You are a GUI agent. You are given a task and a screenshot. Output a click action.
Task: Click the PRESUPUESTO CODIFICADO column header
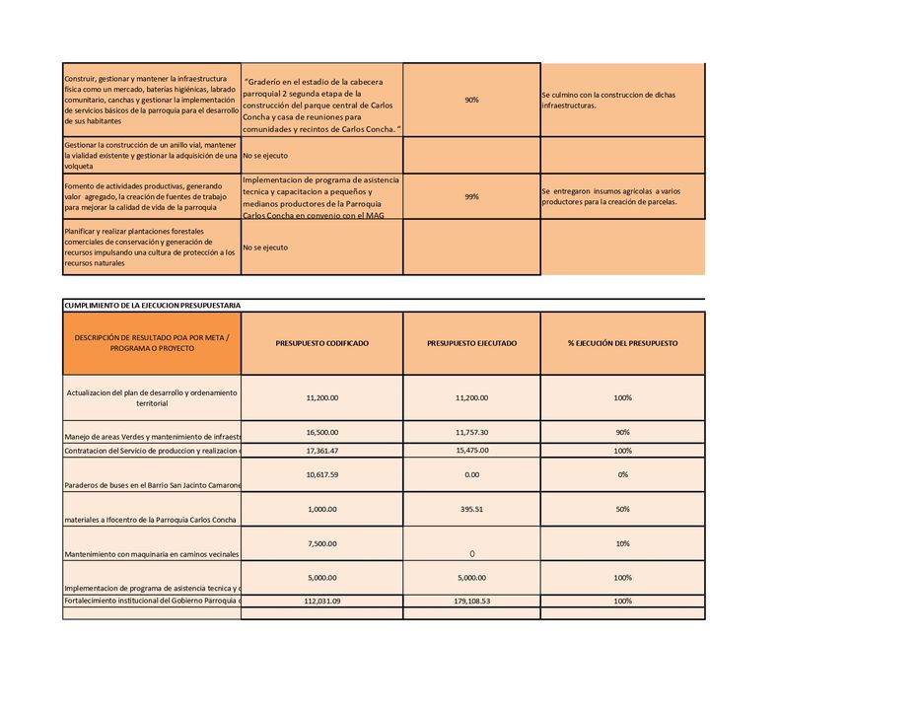(321, 343)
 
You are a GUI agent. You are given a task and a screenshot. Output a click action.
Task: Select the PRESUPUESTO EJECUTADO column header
(471, 343)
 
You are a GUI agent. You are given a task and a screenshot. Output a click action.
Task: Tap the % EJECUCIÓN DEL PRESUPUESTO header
(622, 343)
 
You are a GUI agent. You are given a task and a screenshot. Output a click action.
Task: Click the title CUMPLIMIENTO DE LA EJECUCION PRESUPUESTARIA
(152, 306)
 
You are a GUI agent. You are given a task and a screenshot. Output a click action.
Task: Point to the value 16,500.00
(321, 432)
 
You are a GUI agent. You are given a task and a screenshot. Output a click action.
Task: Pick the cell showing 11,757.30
(471, 432)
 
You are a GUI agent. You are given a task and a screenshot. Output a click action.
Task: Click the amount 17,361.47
(321, 451)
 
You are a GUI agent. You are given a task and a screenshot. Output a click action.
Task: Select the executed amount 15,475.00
(471, 451)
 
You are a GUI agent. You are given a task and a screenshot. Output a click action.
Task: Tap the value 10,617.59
(321, 474)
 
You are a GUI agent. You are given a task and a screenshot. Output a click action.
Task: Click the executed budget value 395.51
(471, 509)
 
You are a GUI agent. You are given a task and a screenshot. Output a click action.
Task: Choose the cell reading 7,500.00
(321, 543)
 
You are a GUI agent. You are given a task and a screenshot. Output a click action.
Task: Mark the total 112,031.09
(321, 601)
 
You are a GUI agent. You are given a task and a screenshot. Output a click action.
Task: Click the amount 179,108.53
(471, 601)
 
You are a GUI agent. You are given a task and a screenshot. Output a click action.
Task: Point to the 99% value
(471, 197)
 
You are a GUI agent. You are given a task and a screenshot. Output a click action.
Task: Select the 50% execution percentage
(622, 509)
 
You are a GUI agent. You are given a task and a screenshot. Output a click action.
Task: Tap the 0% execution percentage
(622, 474)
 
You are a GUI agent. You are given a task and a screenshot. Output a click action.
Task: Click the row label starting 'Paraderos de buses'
(152, 485)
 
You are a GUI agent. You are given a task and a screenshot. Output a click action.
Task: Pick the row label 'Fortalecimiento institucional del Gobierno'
(152, 601)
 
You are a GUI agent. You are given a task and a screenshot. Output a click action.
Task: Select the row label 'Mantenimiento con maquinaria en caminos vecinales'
(152, 554)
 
